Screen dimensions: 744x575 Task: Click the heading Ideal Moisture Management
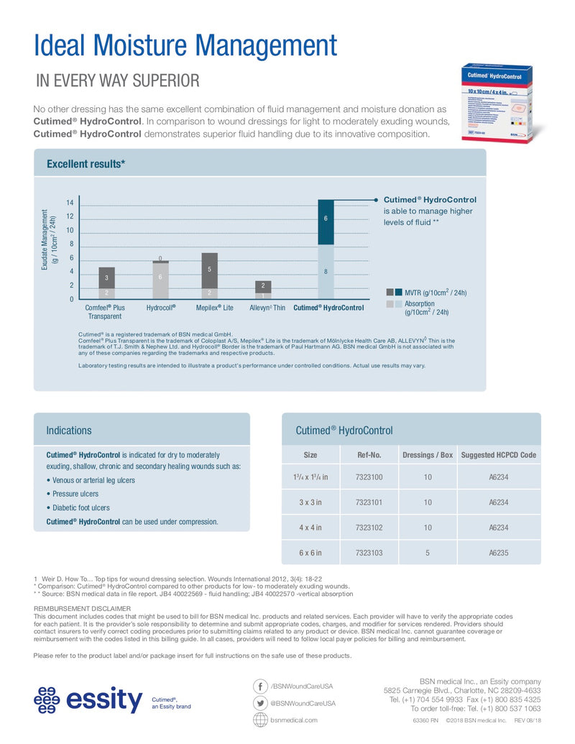pos(185,45)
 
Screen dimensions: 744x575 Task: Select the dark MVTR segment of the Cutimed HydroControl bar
pos(326,222)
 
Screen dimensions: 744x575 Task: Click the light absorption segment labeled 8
pos(326,272)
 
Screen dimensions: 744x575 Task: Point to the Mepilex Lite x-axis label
pos(215,308)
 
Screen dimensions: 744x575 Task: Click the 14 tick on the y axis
pos(70,204)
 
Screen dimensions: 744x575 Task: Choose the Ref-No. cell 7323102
pos(369,528)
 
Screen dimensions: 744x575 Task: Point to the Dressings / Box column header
pos(428,455)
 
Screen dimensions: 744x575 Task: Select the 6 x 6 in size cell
pos(310,553)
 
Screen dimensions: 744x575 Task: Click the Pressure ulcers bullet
pos(75,494)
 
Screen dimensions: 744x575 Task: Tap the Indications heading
pos(69,431)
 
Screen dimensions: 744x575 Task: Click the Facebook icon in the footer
pos(260,686)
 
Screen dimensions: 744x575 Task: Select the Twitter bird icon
pos(260,703)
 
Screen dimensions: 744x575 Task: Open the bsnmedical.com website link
pos(293,720)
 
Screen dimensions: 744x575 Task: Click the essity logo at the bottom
pos(89,699)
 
